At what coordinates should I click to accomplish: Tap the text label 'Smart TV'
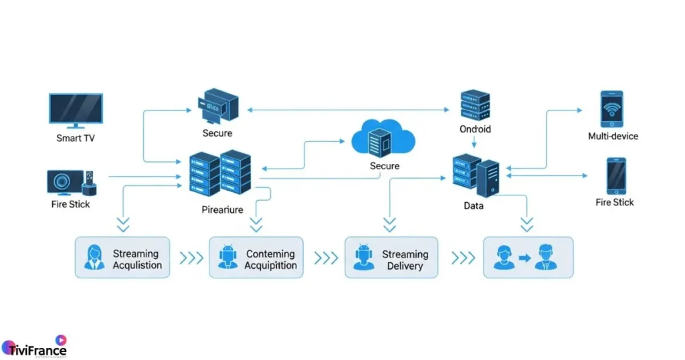(x=76, y=139)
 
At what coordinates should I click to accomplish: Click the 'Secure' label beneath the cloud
(x=384, y=166)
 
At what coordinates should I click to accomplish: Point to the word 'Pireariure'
(x=222, y=209)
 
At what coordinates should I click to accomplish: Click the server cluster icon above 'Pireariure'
(x=220, y=173)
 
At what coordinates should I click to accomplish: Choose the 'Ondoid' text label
(x=475, y=128)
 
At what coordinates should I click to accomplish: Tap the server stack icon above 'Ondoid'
(x=475, y=104)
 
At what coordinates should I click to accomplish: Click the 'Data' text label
(x=474, y=206)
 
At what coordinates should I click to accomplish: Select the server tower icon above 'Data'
(x=476, y=175)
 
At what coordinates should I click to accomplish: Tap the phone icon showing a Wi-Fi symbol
(x=611, y=109)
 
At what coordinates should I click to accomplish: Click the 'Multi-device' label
(x=613, y=137)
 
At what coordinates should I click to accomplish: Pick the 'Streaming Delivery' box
(x=391, y=258)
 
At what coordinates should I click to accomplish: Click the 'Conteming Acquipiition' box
(x=256, y=258)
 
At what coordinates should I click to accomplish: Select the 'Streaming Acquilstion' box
(x=122, y=258)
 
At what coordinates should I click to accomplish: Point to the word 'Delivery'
(x=405, y=266)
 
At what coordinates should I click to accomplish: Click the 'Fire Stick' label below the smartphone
(x=614, y=202)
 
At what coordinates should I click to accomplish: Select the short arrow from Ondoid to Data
(x=474, y=141)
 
